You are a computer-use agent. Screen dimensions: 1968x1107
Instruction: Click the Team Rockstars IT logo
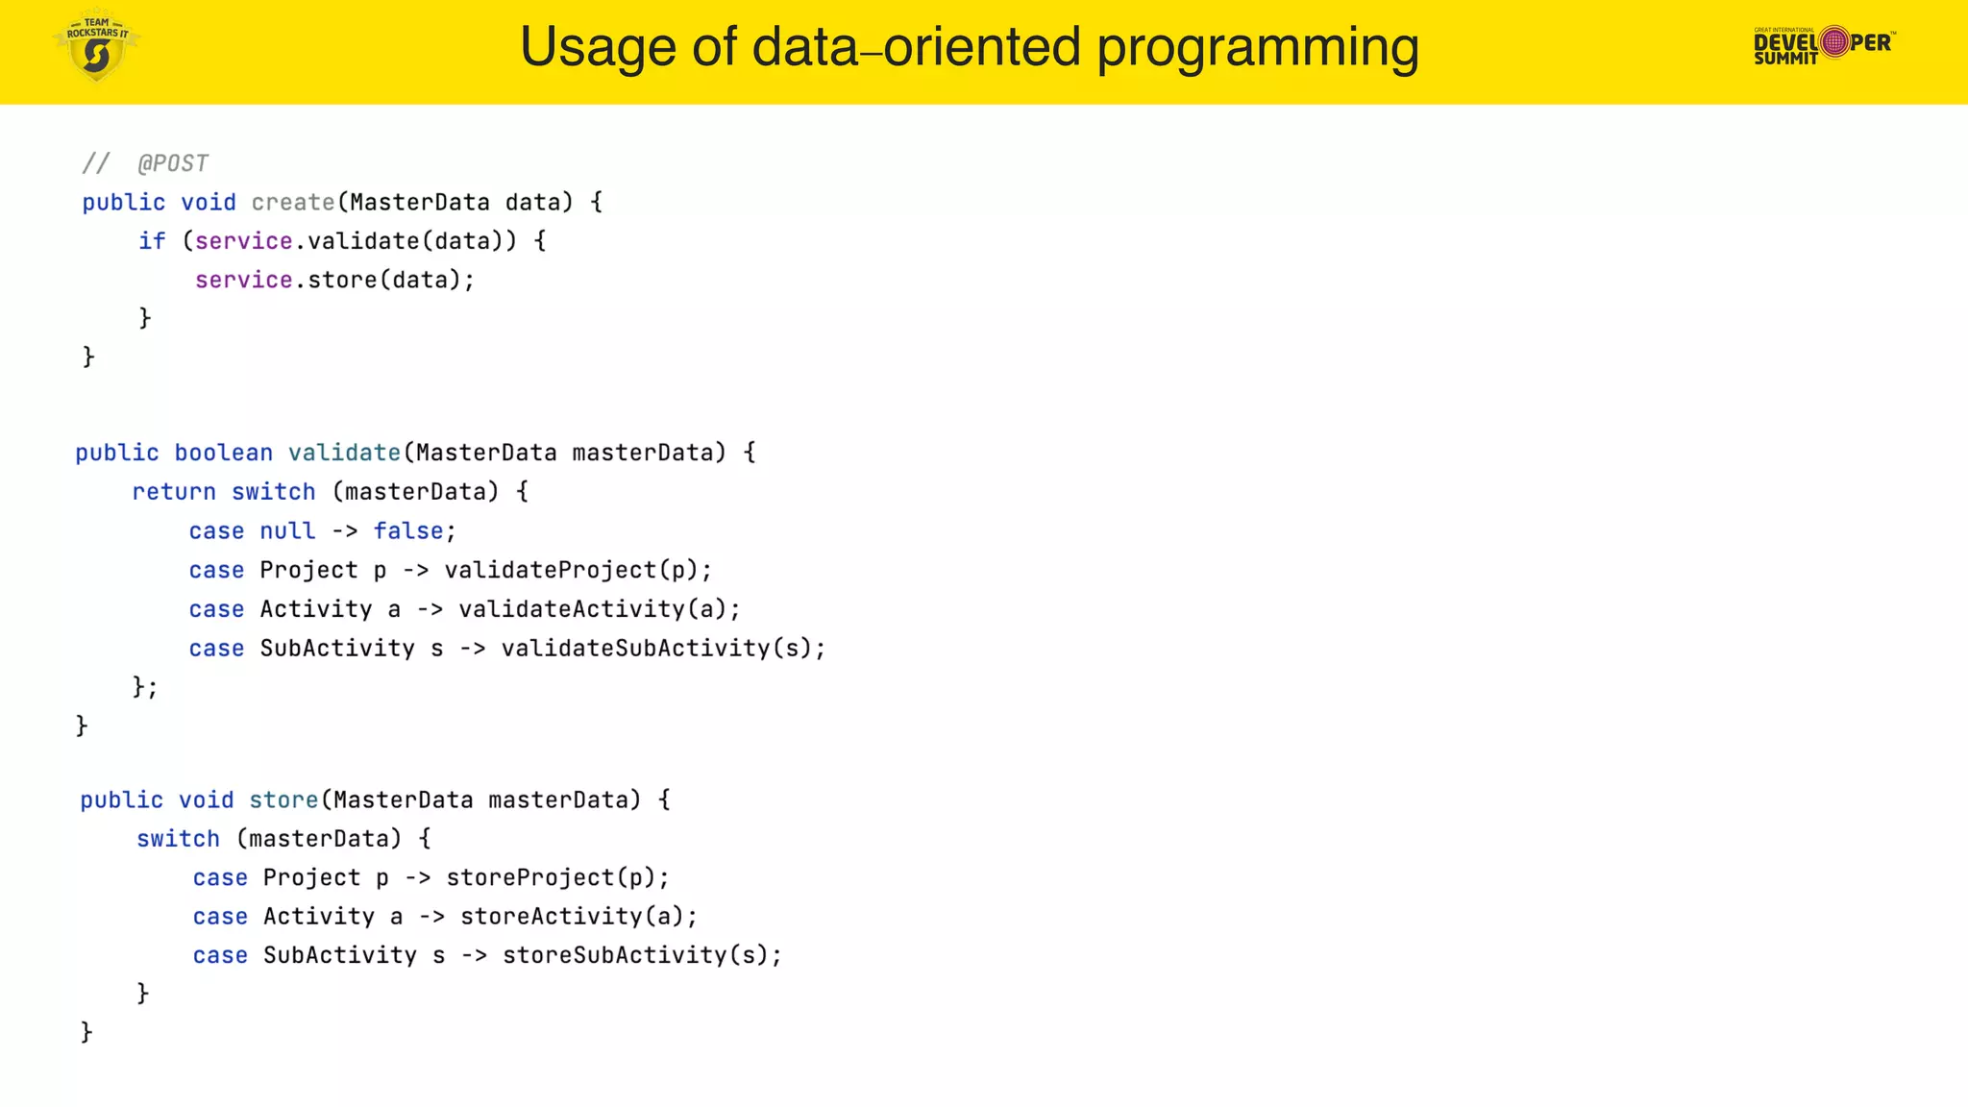click(96, 46)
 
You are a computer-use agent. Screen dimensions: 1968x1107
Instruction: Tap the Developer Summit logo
click(1824, 44)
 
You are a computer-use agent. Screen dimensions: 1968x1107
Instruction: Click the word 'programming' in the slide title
click(1257, 47)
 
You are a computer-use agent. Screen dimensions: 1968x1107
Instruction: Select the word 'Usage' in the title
click(598, 47)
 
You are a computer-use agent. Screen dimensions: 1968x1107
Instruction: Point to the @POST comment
click(173, 164)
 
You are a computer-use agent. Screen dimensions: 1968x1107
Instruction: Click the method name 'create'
click(293, 203)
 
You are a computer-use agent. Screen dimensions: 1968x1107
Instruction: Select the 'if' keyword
click(152, 241)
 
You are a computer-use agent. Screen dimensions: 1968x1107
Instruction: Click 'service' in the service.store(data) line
click(244, 281)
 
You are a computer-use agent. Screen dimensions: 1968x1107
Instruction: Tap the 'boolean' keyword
click(223, 453)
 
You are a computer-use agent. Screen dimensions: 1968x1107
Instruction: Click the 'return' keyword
click(174, 492)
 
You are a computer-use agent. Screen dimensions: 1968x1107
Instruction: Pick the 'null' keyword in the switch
click(287, 531)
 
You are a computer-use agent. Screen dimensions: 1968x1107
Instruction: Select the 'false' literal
click(408, 531)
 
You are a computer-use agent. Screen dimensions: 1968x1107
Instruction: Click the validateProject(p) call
click(577, 571)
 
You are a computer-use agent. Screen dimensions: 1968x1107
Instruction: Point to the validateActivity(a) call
click(598, 609)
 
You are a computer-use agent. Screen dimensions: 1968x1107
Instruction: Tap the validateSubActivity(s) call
click(662, 649)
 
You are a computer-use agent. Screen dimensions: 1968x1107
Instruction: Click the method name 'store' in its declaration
click(283, 800)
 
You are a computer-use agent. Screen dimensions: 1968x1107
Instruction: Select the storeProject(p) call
click(556, 878)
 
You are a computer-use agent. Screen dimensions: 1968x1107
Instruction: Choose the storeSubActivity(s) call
click(641, 956)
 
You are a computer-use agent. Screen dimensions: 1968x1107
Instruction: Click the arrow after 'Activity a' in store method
click(432, 917)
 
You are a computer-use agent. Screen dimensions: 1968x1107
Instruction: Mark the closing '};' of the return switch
click(145, 687)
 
